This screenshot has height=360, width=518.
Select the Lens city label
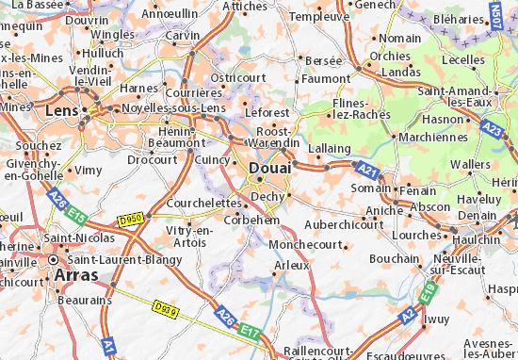61,111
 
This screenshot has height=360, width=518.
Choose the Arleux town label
291,266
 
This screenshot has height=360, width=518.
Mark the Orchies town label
390,55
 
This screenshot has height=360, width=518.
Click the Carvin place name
184,35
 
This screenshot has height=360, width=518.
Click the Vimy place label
89,170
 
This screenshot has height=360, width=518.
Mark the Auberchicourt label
342,225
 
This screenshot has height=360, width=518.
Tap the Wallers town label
471,164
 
